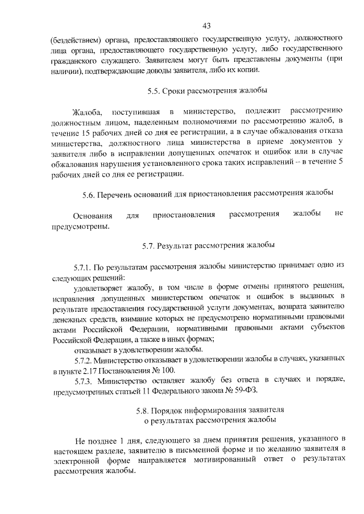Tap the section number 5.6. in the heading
click(90, 194)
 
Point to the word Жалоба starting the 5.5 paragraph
click(86, 111)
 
